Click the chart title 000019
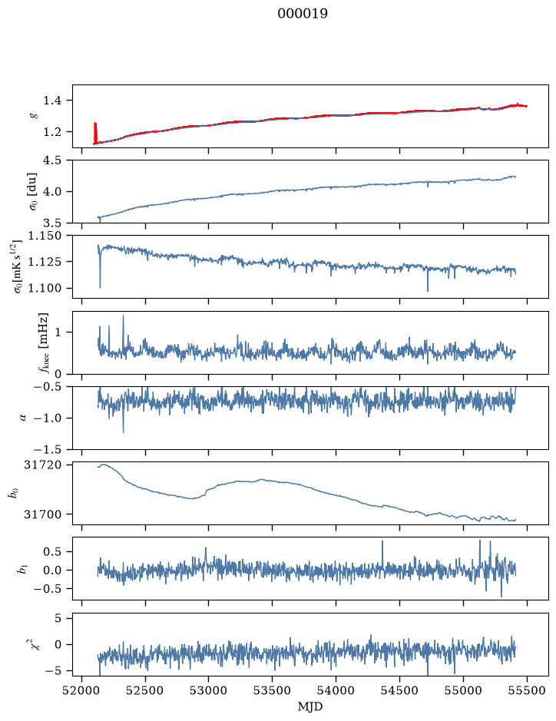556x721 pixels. [303, 14]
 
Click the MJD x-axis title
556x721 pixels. [310, 706]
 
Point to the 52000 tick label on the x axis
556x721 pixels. [82, 690]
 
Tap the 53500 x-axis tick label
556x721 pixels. [273, 690]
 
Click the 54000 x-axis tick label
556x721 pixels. [336, 690]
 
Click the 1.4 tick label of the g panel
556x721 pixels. [52, 101]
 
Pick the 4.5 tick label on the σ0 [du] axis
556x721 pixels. [52, 160]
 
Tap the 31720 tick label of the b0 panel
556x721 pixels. [42, 465]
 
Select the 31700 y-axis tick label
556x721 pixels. [42, 514]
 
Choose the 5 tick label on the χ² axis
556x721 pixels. [58, 618]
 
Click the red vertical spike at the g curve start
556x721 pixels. [95, 133]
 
